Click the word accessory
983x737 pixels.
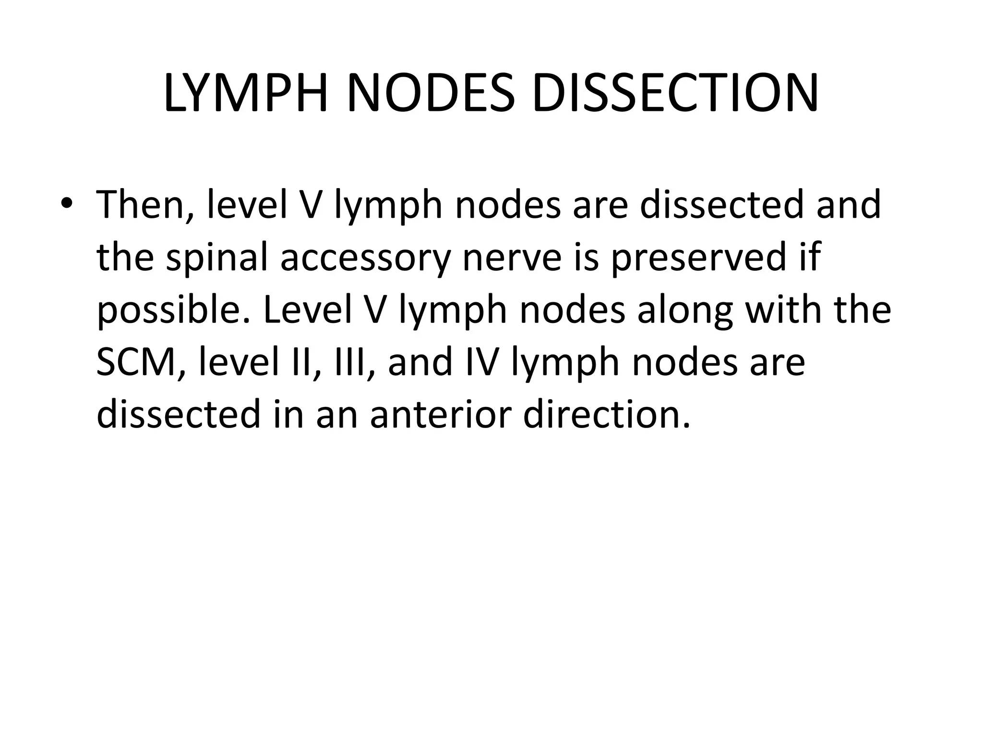click(365, 258)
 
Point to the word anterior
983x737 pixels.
click(440, 414)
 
